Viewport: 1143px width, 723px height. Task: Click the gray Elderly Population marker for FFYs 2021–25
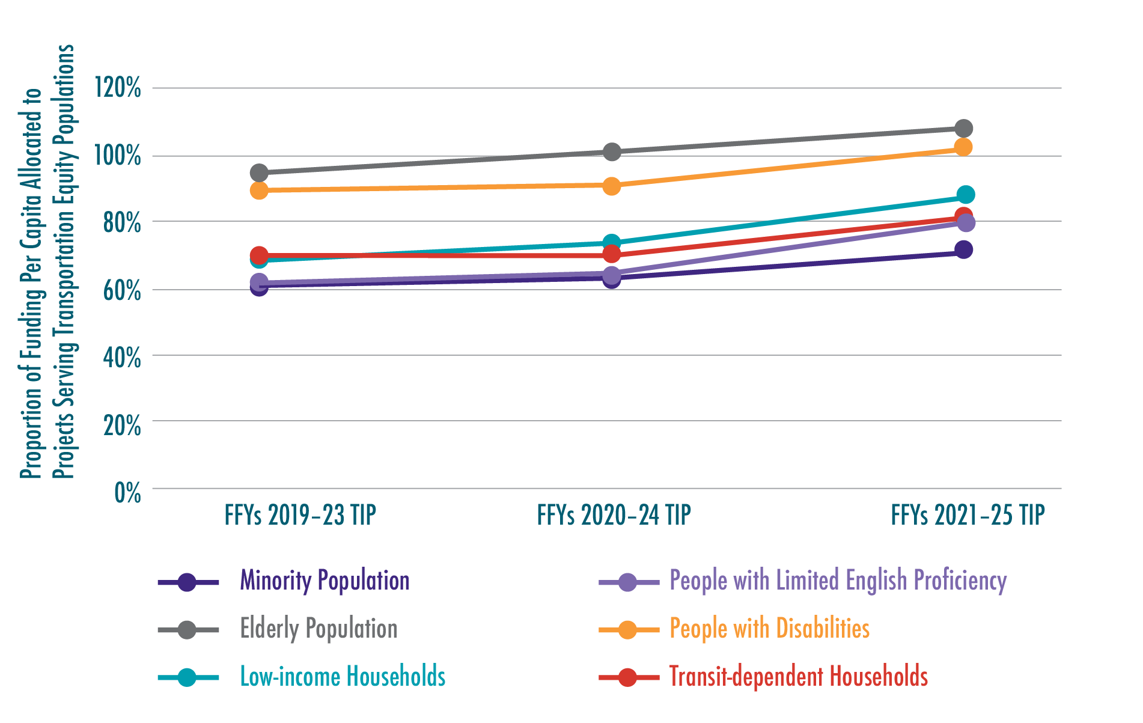[963, 129]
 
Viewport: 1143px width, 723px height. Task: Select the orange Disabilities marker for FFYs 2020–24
[611, 186]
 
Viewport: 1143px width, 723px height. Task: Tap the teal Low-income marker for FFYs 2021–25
[965, 195]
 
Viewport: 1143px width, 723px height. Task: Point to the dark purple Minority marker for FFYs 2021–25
[963, 249]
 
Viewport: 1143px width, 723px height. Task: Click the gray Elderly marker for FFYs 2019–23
[259, 173]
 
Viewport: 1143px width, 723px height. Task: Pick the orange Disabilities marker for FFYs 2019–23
[259, 191]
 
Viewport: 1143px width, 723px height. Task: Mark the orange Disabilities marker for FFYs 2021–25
[963, 147]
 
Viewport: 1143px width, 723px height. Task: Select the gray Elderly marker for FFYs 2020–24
[611, 152]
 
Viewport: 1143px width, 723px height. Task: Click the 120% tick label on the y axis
[118, 88]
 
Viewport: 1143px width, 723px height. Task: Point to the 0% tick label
[127, 493]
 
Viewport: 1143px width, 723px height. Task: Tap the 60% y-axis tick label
[121, 291]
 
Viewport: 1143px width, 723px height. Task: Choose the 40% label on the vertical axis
[121, 358]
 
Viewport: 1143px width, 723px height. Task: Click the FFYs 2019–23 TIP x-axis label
[300, 516]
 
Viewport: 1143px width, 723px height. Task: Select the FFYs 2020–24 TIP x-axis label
[614, 516]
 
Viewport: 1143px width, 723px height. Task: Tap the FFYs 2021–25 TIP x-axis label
[968, 516]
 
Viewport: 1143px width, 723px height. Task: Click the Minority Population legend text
[325, 581]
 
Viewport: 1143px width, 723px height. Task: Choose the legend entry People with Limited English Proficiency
[838, 581]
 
